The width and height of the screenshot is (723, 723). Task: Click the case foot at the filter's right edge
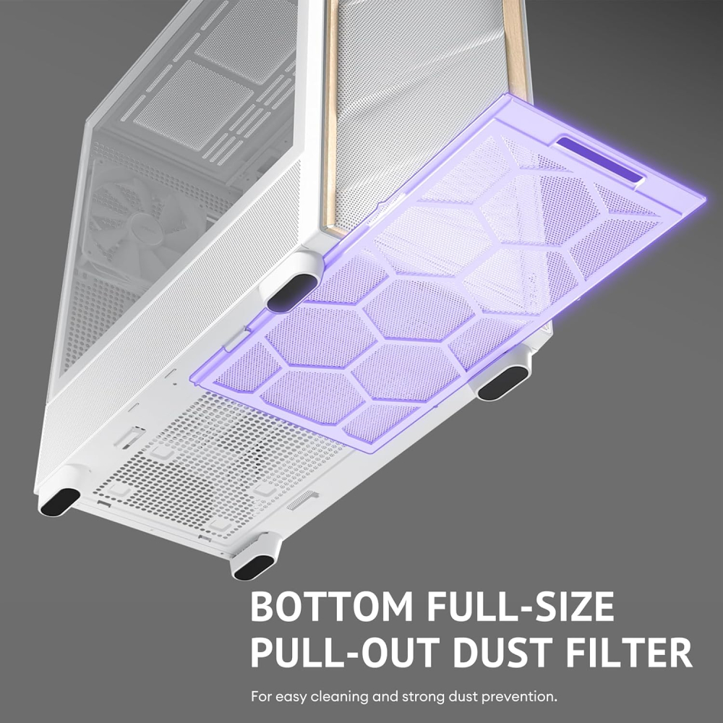504,381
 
